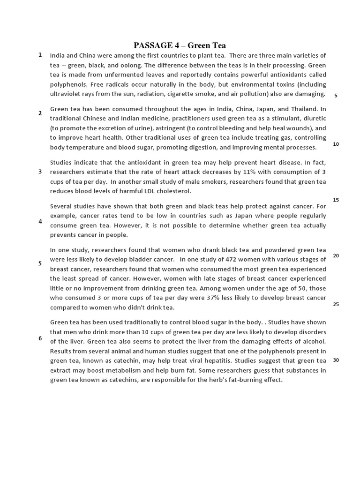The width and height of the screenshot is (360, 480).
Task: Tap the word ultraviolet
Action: point(66,94)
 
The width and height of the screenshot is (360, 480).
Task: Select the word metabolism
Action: point(117,370)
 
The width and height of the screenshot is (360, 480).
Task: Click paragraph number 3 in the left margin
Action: point(40,172)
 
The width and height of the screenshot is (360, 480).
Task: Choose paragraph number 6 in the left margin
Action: point(40,338)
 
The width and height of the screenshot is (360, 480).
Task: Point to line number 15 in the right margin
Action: point(336,200)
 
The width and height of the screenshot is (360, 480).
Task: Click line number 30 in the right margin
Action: point(336,360)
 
